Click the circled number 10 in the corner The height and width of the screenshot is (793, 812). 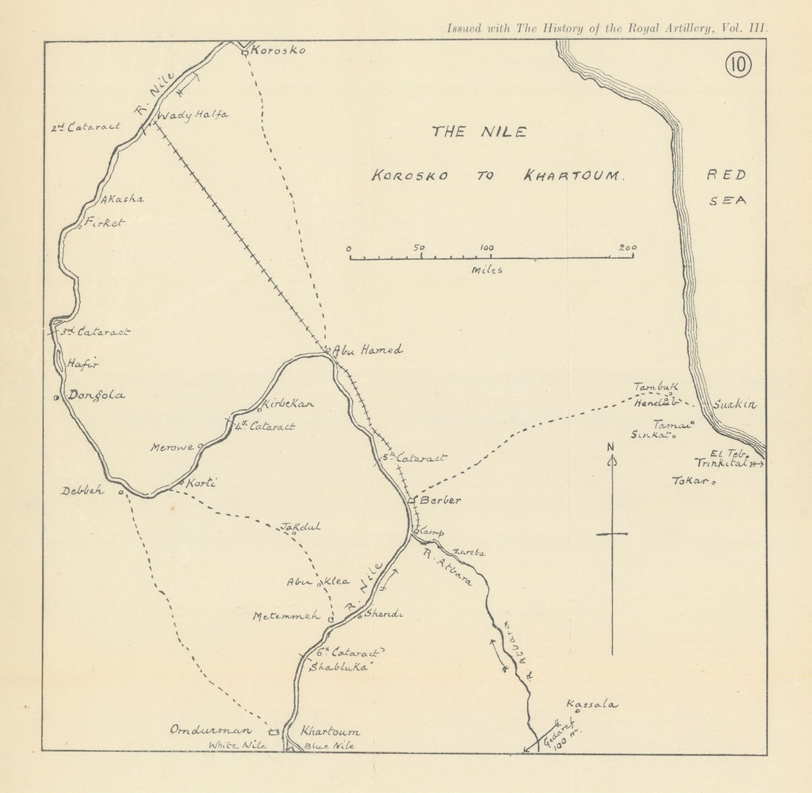tap(737, 66)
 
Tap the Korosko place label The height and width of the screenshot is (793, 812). tap(278, 51)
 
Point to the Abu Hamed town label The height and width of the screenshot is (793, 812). tap(368, 350)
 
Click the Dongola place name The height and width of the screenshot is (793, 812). tap(96, 395)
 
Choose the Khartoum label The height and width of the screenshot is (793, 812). tap(330, 731)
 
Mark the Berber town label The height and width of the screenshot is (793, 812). tap(441, 500)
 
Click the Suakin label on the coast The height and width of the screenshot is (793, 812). tap(734, 405)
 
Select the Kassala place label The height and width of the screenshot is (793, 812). tap(592, 704)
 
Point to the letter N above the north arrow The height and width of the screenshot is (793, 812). tap(610, 446)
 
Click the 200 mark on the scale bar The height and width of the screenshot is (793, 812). tap(628, 248)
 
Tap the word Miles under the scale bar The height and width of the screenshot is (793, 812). tap(487, 270)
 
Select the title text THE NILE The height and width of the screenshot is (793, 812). tap(479, 132)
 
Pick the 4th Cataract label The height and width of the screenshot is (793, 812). tap(265, 426)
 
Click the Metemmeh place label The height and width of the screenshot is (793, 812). tap(286, 616)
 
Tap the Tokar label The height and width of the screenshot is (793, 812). tap(690, 480)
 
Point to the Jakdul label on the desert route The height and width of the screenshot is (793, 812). tap(300, 527)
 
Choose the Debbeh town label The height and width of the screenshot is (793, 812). tap(83, 491)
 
